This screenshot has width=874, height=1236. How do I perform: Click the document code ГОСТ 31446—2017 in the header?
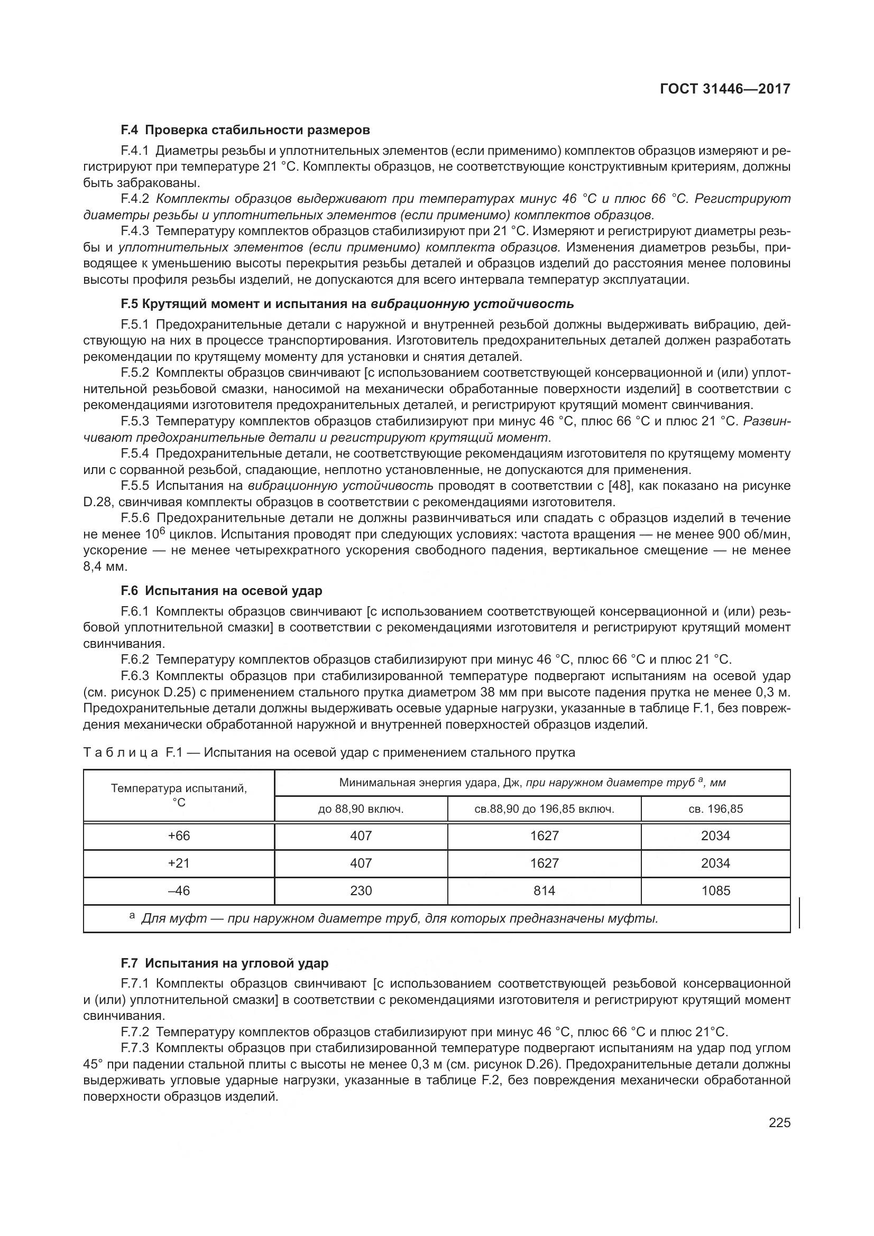click(x=724, y=89)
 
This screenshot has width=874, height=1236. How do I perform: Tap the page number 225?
click(x=779, y=1123)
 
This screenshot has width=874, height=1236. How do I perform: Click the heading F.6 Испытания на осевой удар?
click(x=222, y=591)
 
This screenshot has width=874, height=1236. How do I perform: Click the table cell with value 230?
click(x=361, y=890)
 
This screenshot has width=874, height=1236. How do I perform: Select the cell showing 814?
click(x=544, y=890)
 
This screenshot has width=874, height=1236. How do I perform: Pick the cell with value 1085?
click(x=715, y=890)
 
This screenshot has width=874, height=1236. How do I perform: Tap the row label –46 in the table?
click(x=179, y=890)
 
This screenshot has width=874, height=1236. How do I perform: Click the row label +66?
click(x=179, y=835)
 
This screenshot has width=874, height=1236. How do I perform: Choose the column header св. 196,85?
click(x=715, y=808)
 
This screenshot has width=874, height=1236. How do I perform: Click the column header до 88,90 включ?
click(x=361, y=808)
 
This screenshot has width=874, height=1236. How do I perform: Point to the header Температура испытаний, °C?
click(x=179, y=795)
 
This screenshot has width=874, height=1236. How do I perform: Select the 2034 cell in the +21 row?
click(x=715, y=863)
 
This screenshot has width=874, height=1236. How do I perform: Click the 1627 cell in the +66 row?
click(x=544, y=835)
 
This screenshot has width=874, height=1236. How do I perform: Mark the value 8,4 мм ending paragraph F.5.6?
click(x=105, y=566)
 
